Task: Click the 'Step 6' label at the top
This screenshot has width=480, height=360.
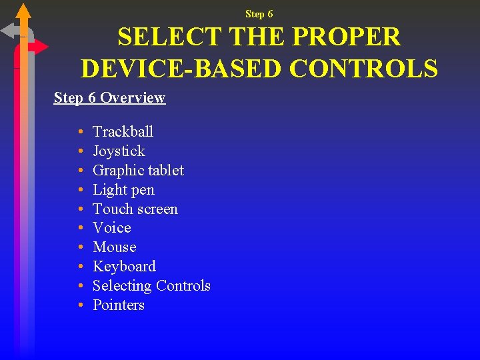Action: click(x=259, y=14)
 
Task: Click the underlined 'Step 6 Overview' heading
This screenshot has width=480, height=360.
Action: click(x=109, y=98)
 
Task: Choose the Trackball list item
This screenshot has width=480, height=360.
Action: click(x=123, y=131)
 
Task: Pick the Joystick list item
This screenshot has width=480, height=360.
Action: click(x=119, y=151)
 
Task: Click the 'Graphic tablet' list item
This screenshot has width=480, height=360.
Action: click(x=138, y=170)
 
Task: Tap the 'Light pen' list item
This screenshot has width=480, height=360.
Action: click(x=123, y=189)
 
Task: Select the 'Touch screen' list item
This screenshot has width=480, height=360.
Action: click(x=135, y=209)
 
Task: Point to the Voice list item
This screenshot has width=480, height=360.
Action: click(x=111, y=228)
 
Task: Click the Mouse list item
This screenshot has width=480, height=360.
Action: click(x=114, y=247)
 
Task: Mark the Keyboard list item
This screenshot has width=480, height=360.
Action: click(x=124, y=267)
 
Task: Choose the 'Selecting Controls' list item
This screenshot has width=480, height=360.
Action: click(x=151, y=286)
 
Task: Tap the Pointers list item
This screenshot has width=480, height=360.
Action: click(x=119, y=305)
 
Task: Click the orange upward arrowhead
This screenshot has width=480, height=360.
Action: click(x=23, y=10)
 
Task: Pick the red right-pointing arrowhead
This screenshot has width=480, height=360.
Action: click(x=41, y=47)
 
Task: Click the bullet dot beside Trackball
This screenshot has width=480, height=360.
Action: click(x=79, y=132)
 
